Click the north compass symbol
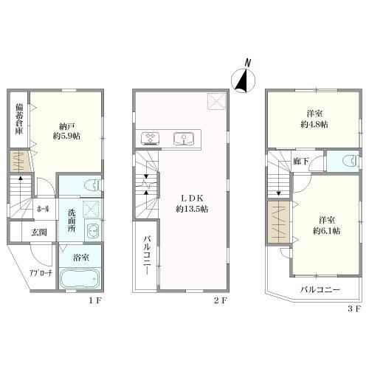coord(243,78)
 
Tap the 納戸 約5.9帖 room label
coord(66,131)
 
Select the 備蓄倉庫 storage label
coord(19,119)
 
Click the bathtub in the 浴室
coord(80,279)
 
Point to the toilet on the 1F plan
coord(92,185)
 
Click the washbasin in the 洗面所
coord(92,231)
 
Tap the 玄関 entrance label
coord(39,232)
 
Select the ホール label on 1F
coord(43,209)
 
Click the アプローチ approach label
coord(41,273)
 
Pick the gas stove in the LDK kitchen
coord(150,139)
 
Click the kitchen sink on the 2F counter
coord(184,139)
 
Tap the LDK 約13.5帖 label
coord(192,204)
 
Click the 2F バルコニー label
coord(147,255)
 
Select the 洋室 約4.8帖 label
coord(314,119)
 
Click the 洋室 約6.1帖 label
coord(327,225)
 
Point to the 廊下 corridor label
coord(301,162)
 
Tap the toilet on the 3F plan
coord(350,160)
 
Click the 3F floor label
coord(354,308)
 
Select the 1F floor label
coord(94,300)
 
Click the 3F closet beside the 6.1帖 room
coord(279,222)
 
